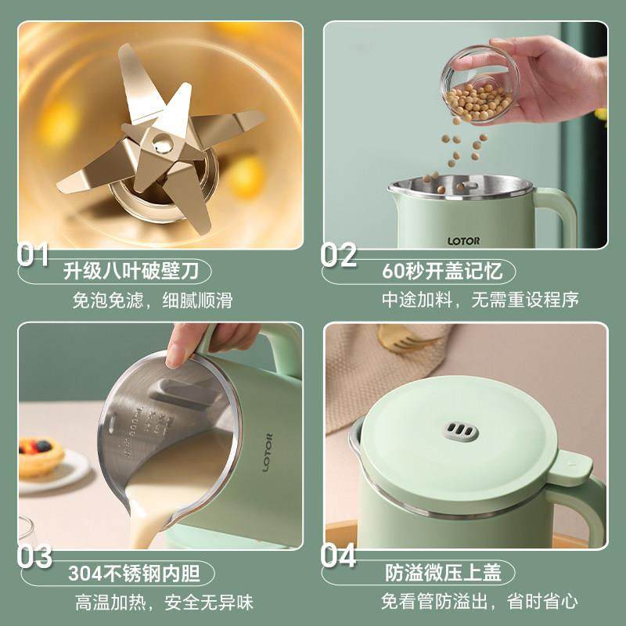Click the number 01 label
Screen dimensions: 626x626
(34, 255)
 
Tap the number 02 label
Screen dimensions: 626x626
(339, 255)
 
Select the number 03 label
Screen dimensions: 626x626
(35, 557)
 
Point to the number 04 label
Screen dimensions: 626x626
(339, 557)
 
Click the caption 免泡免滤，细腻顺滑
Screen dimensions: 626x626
(152, 300)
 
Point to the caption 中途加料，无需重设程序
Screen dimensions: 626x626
(469, 300)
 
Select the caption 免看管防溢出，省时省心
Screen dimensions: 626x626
(469, 603)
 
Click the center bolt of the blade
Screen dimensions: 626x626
(163, 142)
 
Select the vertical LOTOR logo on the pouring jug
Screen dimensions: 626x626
(268, 453)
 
